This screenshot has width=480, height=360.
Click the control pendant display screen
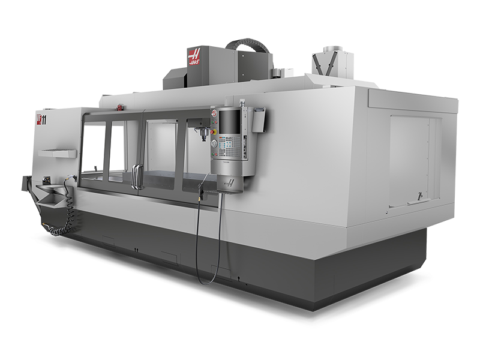230,122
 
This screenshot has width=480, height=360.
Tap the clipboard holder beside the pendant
257,119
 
